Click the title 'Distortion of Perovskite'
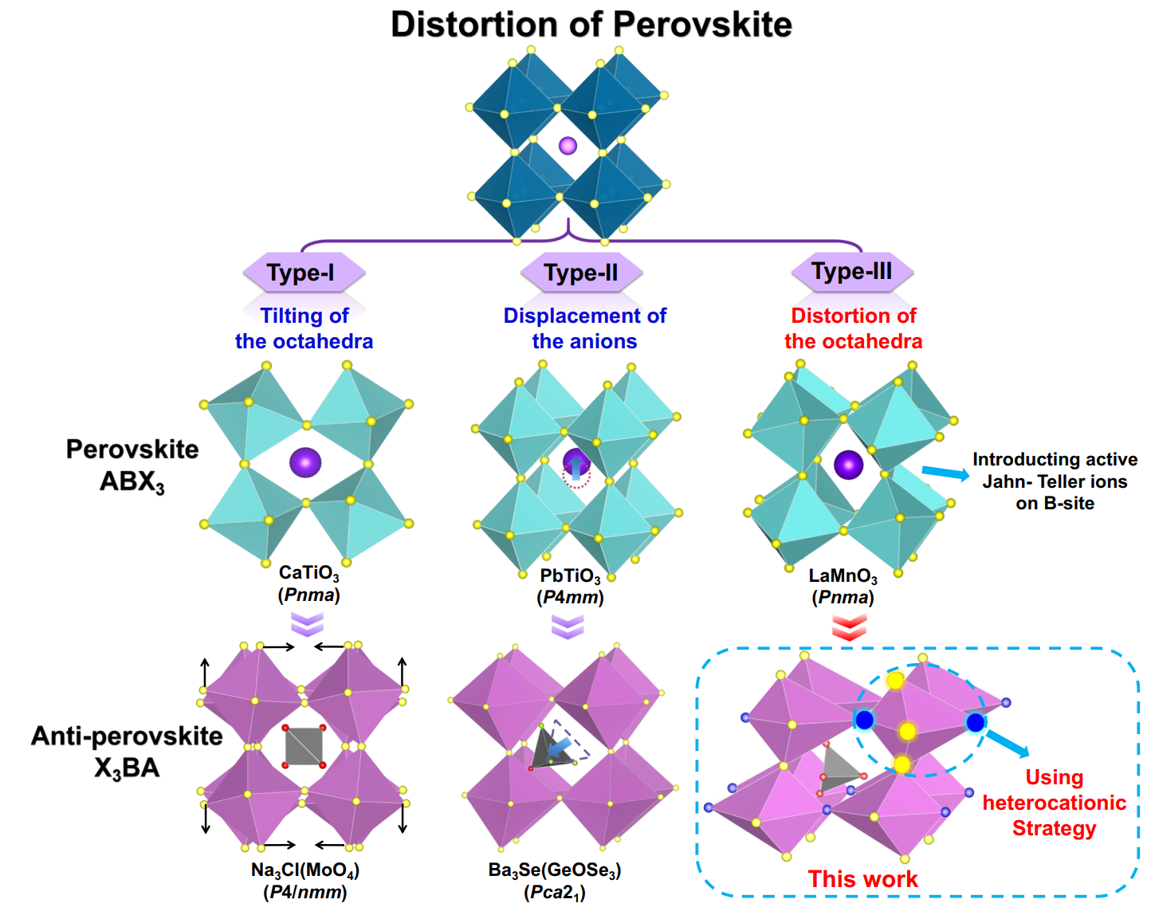pos(591,25)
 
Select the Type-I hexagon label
pos(302,273)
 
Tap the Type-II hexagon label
pos(581,273)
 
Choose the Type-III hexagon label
pos(851,272)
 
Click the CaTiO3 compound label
pos(308,573)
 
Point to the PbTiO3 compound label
pos(570,576)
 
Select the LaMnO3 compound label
pos(843,576)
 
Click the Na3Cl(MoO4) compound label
pos(305,870)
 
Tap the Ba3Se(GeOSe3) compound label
pos(555,870)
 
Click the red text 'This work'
pos(862,879)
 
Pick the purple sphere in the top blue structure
pos(568,145)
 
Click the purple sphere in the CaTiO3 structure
pos(305,461)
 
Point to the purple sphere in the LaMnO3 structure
pos(848,465)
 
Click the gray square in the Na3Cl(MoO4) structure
pos(304,746)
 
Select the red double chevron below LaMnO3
pos(849,627)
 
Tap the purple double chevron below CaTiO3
pos(307,624)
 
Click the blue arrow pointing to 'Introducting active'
pos(945,473)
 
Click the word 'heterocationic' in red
pos(1054,803)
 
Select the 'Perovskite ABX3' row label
pos(132,465)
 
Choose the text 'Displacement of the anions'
pos(584,328)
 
